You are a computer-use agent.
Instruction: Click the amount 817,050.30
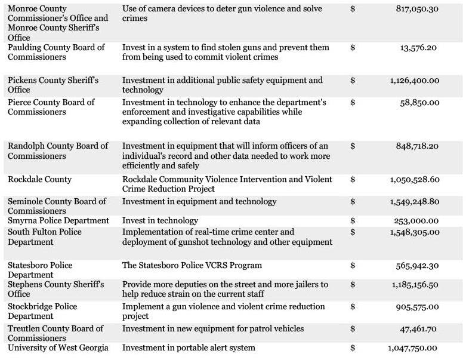418,9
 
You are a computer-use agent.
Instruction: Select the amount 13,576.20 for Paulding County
419,48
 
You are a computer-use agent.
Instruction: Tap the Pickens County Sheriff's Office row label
53,85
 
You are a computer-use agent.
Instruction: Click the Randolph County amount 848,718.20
418,146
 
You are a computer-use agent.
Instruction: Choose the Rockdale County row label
39,179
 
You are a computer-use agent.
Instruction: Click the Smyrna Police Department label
58,221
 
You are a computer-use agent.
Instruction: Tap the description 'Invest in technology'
160,221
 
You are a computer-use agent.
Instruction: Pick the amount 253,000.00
417,221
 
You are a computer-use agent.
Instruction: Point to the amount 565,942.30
418,265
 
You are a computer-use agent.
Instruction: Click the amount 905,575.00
417,307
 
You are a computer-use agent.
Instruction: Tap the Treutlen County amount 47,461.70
419,329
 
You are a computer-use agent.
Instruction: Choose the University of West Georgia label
58,348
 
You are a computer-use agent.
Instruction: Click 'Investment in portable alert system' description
189,348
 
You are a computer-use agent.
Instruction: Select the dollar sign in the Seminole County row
353,202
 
